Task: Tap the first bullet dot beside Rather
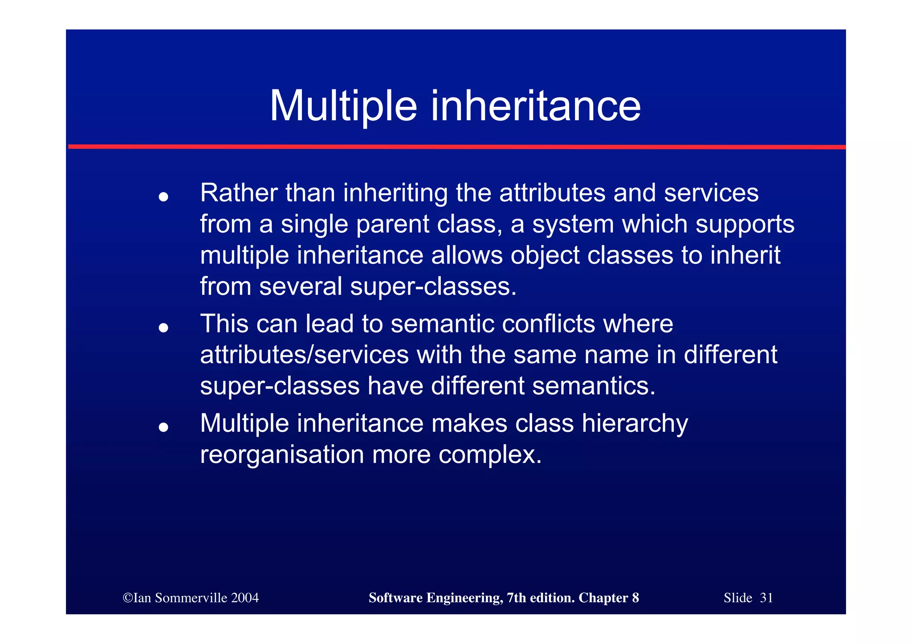[x=163, y=196]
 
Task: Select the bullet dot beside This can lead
[x=163, y=328]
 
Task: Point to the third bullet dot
[x=163, y=427]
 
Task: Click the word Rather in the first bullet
[x=239, y=193]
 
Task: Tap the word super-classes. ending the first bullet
[x=433, y=286]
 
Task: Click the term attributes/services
[x=304, y=355]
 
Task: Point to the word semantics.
[x=594, y=385]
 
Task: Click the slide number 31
[x=766, y=598]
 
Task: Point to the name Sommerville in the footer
[x=191, y=598]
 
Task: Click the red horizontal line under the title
[x=456, y=146]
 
